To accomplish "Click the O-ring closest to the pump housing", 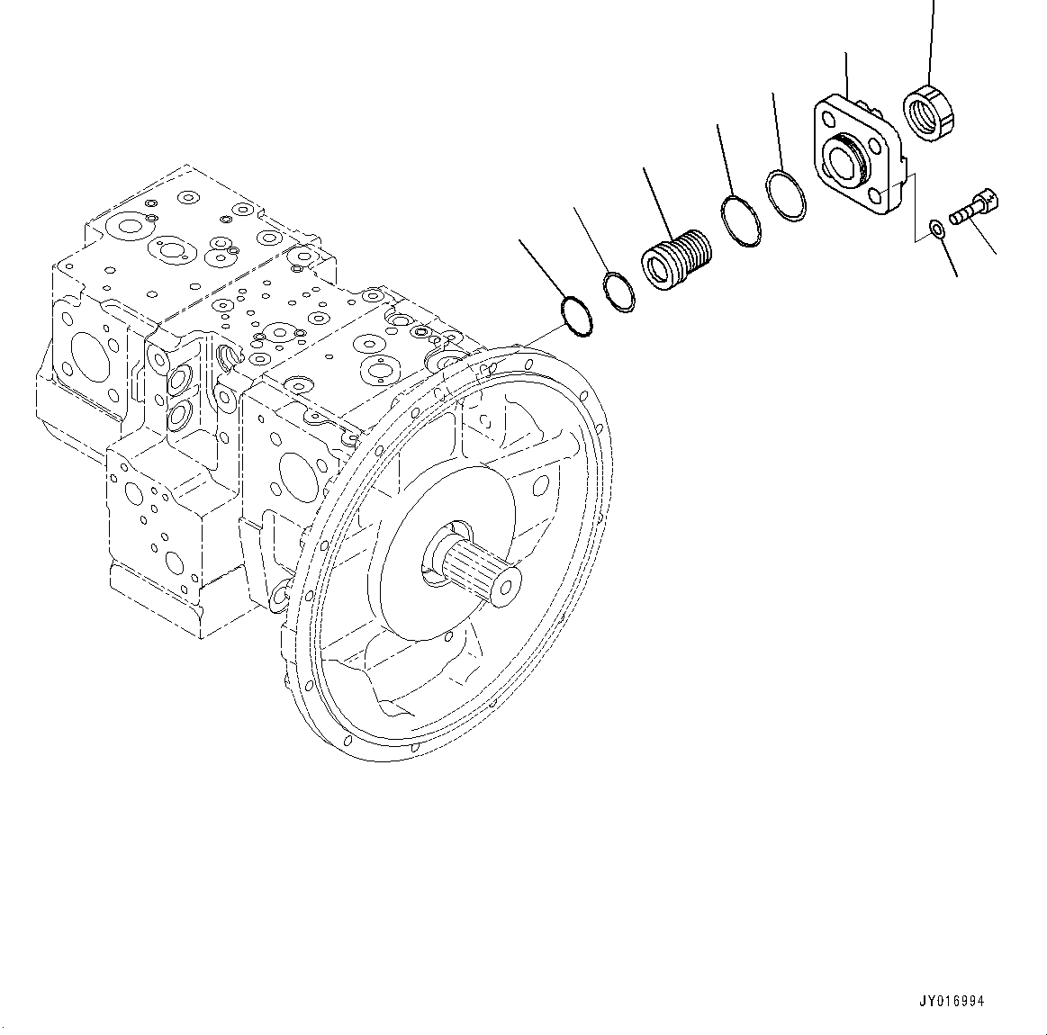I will tap(577, 316).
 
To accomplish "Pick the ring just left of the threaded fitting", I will tap(618, 292).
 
